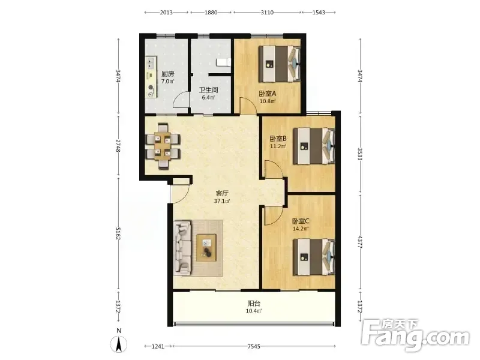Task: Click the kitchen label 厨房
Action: coord(168,74)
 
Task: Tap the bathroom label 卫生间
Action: coord(208,90)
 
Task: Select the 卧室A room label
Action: coord(268,94)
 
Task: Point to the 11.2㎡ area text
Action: coord(278,146)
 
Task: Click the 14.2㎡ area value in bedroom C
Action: coord(301,229)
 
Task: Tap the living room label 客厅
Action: coord(222,193)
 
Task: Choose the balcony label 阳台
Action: coord(254,304)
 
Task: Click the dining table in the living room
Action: coord(162,146)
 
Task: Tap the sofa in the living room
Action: coord(182,248)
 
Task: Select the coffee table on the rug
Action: coord(206,247)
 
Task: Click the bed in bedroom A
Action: coord(280,64)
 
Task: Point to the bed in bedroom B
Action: coord(314,146)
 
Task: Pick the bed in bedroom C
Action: coord(314,257)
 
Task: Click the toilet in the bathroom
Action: coord(223,63)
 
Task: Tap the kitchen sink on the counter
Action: coord(151,64)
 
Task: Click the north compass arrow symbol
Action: coord(119,344)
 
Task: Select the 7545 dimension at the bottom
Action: coord(254,346)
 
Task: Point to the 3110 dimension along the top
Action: coord(267,12)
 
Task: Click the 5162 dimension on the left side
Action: coord(118,233)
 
